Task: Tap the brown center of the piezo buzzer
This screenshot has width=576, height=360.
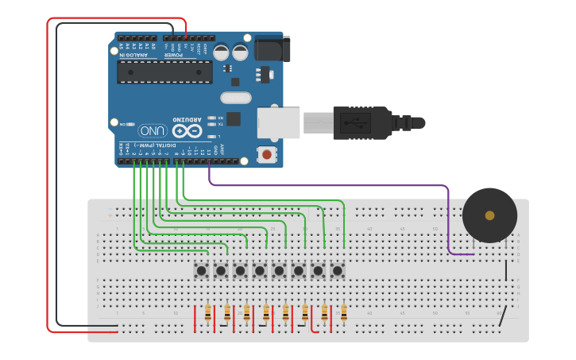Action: pyautogui.click(x=489, y=215)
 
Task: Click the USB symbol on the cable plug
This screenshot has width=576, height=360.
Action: pyautogui.click(x=354, y=123)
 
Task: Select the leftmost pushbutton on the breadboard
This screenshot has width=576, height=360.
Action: pyautogui.click(x=203, y=271)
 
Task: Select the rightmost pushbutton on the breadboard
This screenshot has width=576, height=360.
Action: pyautogui.click(x=338, y=271)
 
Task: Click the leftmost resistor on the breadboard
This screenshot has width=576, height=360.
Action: pyautogui.click(x=209, y=314)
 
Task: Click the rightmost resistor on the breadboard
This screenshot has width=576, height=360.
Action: pyautogui.click(x=344, y=314)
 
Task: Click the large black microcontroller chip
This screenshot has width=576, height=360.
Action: pyautogui.click(x=164, y=72)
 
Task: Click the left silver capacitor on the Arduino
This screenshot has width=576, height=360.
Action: pyautogui.click(x=222, y=52)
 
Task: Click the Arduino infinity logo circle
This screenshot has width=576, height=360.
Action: pyautogui.click(x=187, y=130)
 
